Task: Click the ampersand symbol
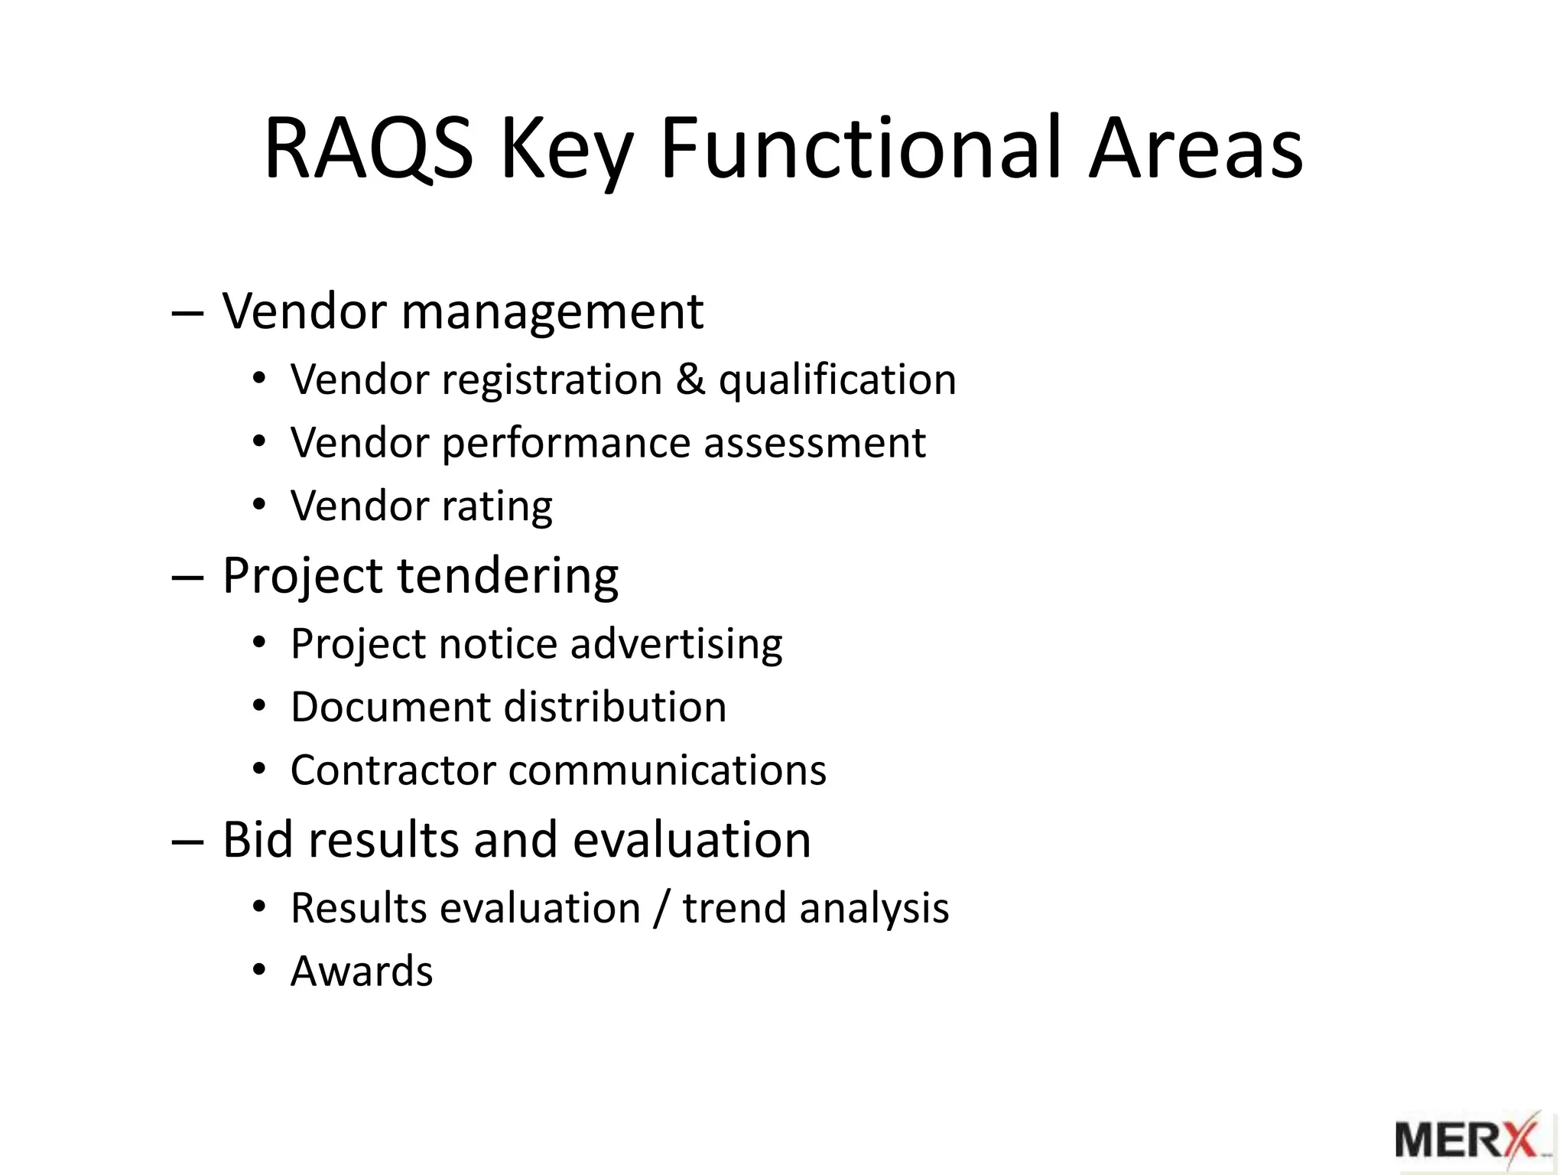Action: pos(690,379)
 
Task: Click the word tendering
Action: pos(508,577)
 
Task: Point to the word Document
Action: pos(391,707)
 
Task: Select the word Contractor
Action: pos(393,770)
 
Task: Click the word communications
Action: pos(667,770)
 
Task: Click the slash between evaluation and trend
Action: pos(661,909)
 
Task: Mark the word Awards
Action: pos(362,972)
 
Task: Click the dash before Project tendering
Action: pos(188,578)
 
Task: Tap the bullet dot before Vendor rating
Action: pos(259,506)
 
